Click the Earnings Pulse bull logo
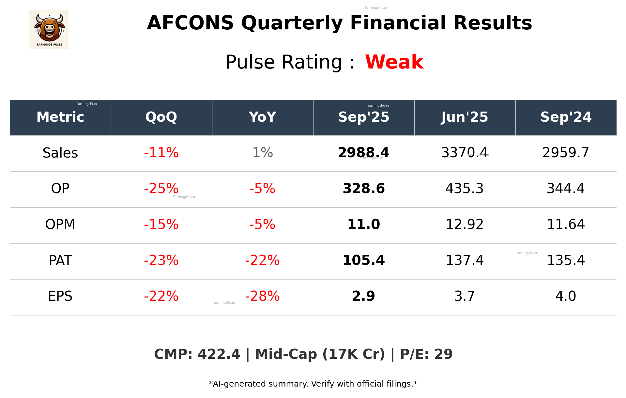(x=49, y=29)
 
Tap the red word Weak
(x=394, y=62)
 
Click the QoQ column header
(x=161, y=117)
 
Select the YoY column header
(x=262, y=117)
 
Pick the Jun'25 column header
(x=465, y=117)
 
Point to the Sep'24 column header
(x=566, y=117)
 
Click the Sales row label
(x=60, y=153)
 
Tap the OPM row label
(x=60, y=224)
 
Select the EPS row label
(x=60, y=296)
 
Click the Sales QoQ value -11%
(x=161, y=153)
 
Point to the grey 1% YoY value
(x=263, y=153)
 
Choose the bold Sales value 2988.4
(x=363, y=153)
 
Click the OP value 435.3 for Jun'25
(x=465, y=189)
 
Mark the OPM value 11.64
(x=566, y=224)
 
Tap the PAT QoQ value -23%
(x=161, y=260)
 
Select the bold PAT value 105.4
(x=363, y=260)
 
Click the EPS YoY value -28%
(x=262, y=296)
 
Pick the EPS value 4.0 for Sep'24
(x=566, y=296)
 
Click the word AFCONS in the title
(x=190, y=23)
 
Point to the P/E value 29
(x=443, y=354)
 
